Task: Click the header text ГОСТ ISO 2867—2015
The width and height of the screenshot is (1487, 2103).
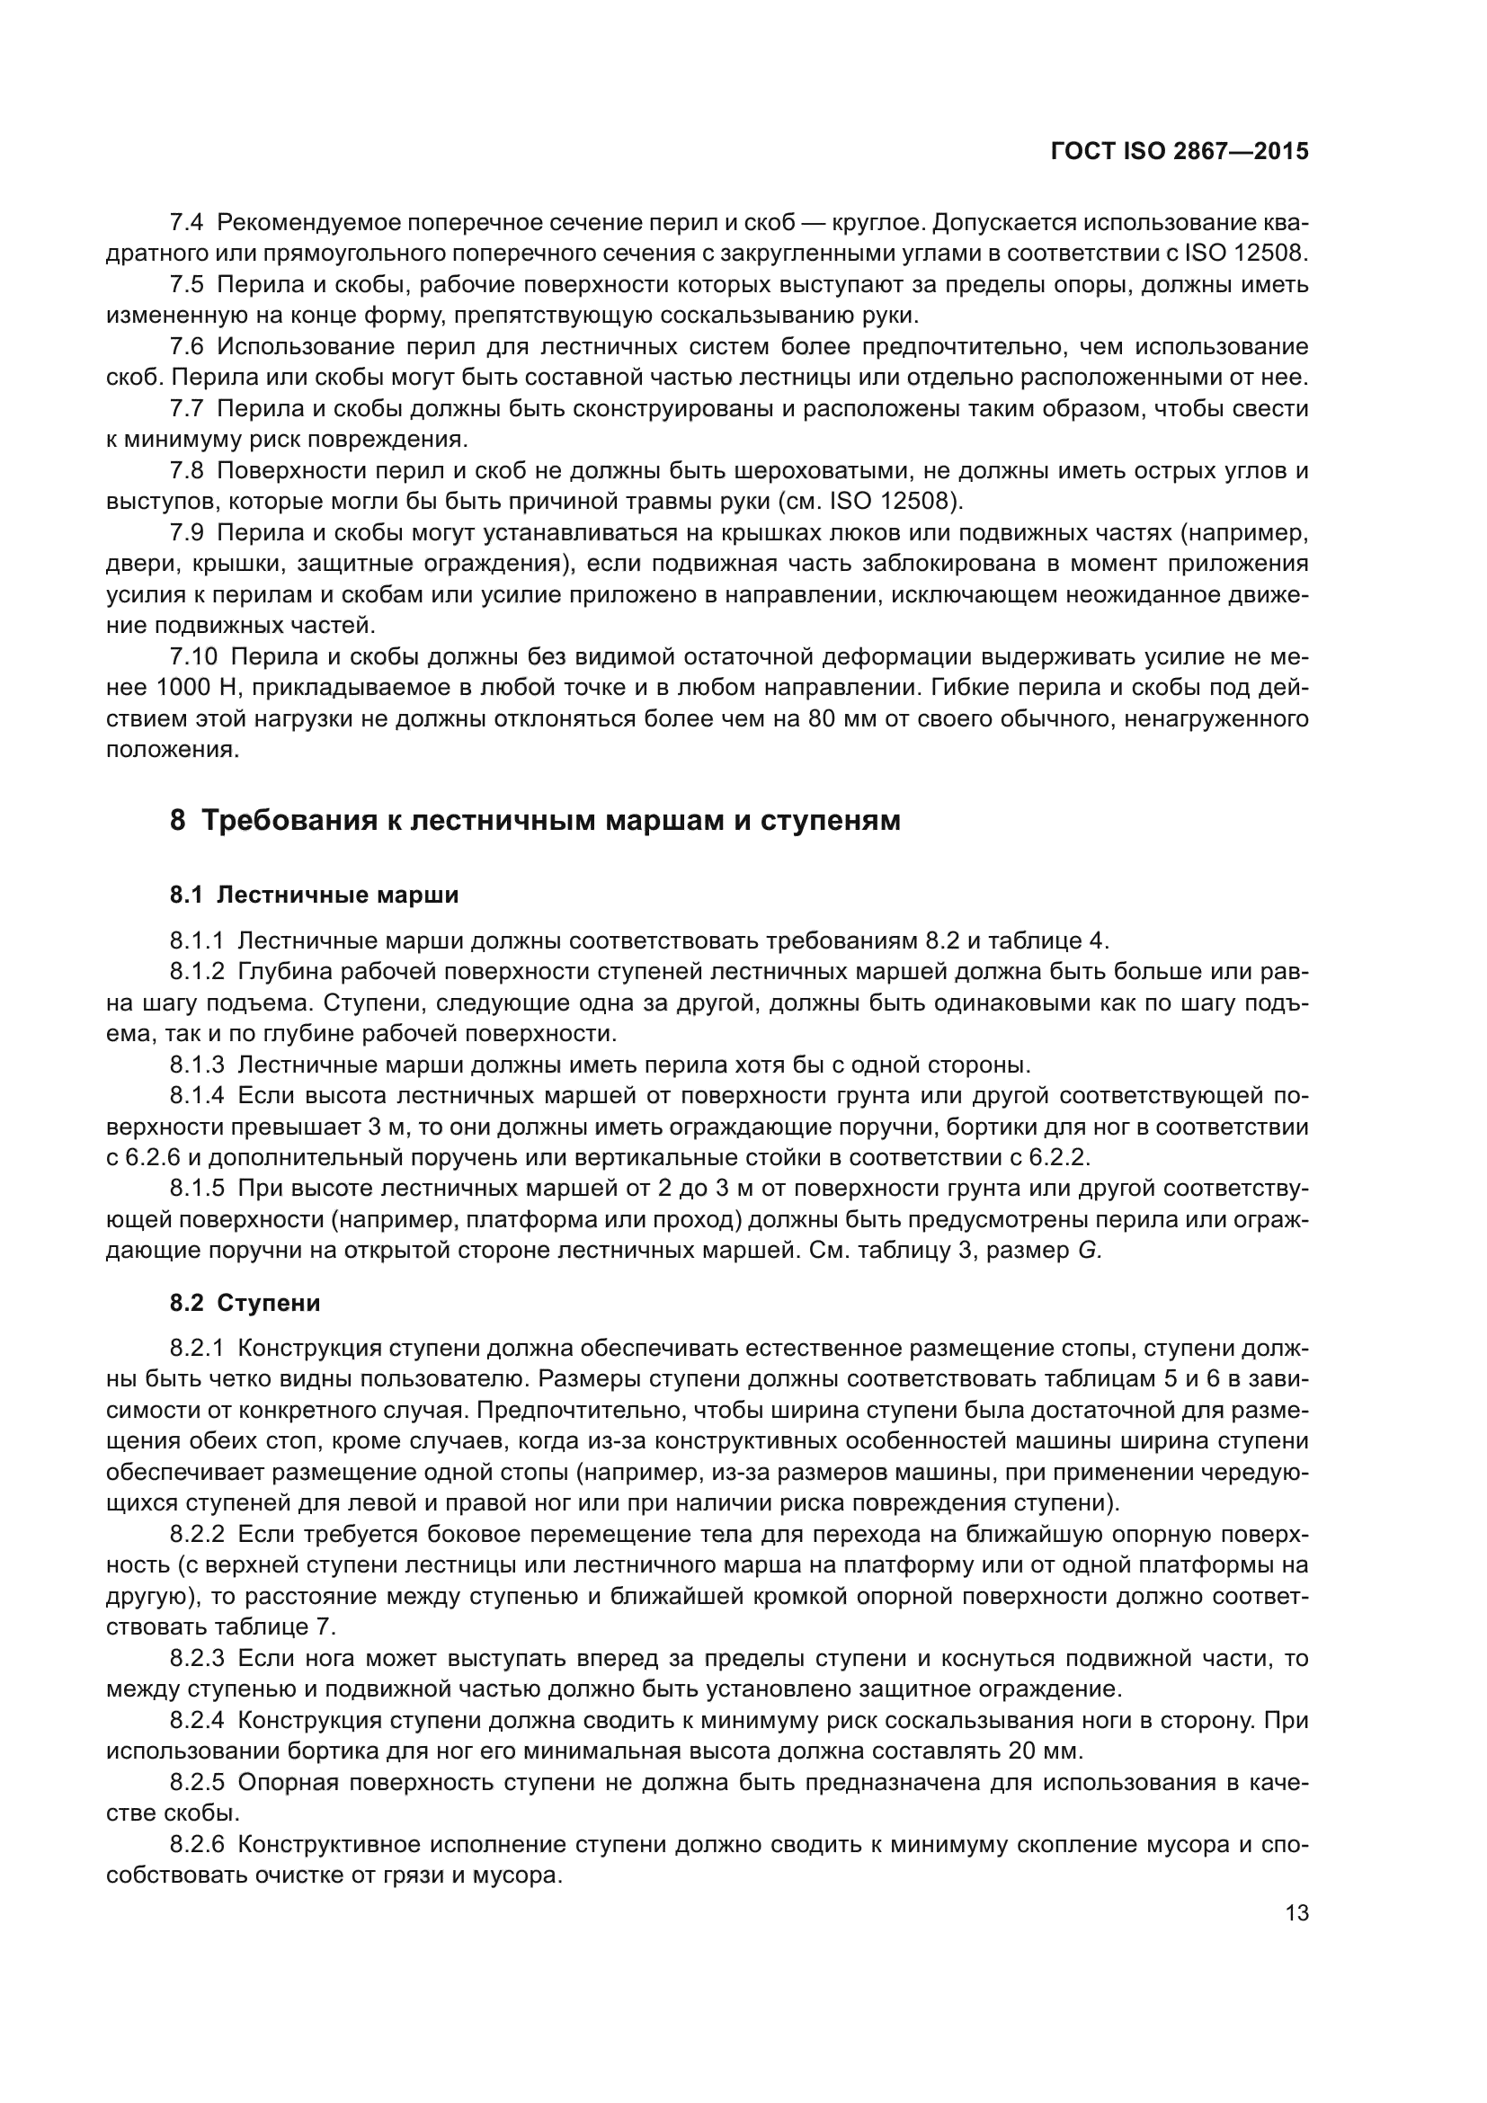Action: pos(1180,152)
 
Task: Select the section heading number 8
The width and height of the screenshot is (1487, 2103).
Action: pos(178,821)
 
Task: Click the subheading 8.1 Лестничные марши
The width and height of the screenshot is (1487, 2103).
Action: pos(314,895)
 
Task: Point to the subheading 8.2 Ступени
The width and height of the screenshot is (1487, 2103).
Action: pos(245,1303)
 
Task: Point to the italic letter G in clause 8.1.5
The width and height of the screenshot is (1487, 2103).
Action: pos(1087,1252)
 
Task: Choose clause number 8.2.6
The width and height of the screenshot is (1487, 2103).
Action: pos(197,1845)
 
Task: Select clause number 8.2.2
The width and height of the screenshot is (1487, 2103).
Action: pos(197,1534)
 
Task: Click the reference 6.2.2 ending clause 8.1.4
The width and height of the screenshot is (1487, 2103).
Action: pos(1056,1158)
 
